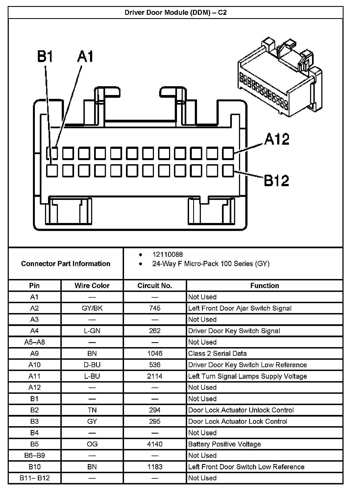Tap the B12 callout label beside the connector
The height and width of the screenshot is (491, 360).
tap(276, 180)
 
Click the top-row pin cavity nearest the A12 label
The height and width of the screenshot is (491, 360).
tap(228, 153)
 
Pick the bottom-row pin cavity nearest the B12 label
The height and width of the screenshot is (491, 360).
tap(228, 171)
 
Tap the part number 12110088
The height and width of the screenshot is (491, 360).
tap(167, 255)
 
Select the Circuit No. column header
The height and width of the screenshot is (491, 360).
tap(155, 286)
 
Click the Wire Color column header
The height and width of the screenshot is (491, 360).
tap(92, 286)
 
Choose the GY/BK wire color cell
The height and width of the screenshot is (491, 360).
tap(92, 308)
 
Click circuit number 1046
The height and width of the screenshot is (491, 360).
tap(155, 353)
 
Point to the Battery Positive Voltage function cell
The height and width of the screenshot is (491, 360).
tap(224, 444)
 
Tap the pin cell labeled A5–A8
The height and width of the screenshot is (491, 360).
tap(34, 342)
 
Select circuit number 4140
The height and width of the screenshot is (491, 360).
tap(155, 444)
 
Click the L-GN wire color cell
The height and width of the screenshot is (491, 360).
tap(92, 331)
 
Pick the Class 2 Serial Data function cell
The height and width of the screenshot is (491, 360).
tap(217, 353)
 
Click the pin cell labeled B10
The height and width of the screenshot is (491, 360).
tap(34, 467)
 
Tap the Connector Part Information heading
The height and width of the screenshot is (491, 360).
tap(66, 264)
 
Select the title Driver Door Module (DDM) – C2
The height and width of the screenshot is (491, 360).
tap(176, 13)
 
